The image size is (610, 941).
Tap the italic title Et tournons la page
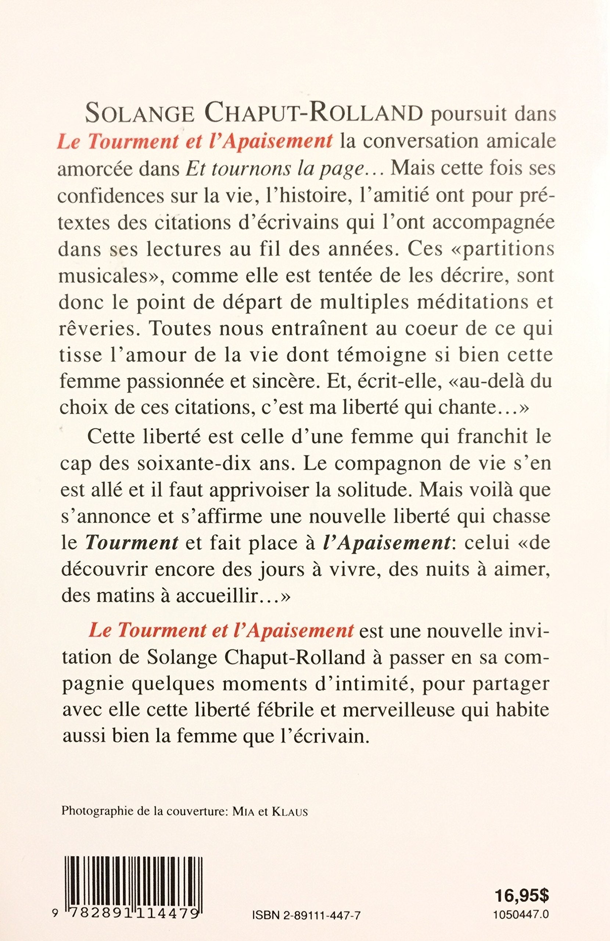(276, 169)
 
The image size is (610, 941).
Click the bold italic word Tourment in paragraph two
(132, 543)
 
